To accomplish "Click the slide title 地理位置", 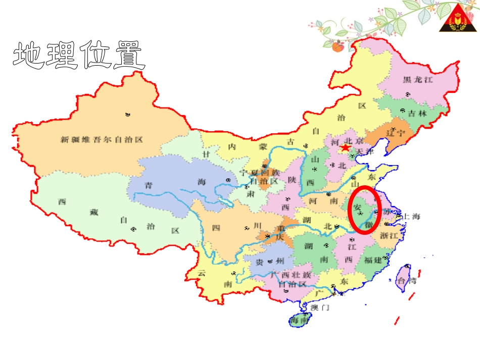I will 79,55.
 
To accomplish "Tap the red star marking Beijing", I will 345,148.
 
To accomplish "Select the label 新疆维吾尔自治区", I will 102,140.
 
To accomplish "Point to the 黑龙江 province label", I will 418,79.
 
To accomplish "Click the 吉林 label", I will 418,114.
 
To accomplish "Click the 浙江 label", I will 390,235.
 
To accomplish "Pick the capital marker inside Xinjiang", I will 127,115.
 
